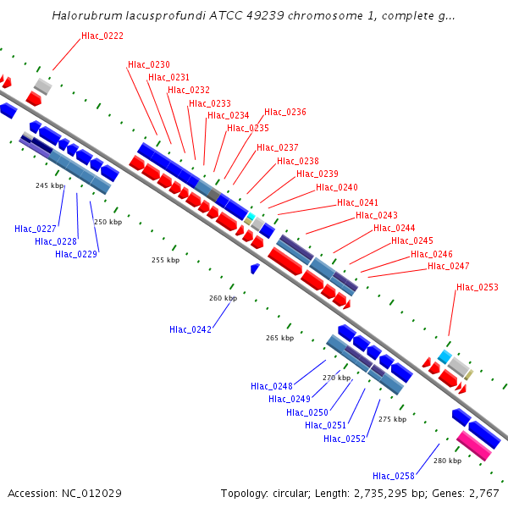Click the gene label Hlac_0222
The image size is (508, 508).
pyautogui.click(x=102, y=36)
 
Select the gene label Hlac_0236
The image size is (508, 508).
pyautogui.click(x=285, y=112)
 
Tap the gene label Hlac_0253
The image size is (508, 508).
pyautogui.click(x=478, y=287)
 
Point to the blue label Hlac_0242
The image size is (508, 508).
pyautogui.click(x=190, y=329)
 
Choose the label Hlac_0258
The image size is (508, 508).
pyautogui.click(x=394, y=475)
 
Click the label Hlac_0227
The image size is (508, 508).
pyautogui.click(x=36, y=229)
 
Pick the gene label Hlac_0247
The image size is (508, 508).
pyautogui.click(x=449, y=266)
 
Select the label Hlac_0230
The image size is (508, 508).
pyautogui.click(x=149, y=64)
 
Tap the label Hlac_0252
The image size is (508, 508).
pyautogui.click(x=345, y=439)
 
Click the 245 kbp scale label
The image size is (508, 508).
pyautogui.click(x=49, y=185)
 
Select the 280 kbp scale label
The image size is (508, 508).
pyautogui.click(x=447, y=461)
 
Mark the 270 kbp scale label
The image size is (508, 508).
pyautogui.click(x=336, y=378)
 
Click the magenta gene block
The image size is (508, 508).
pyautogui.click(x=473, y=444)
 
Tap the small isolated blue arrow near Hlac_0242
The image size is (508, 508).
pyautogui.click(x=255, y=268)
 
